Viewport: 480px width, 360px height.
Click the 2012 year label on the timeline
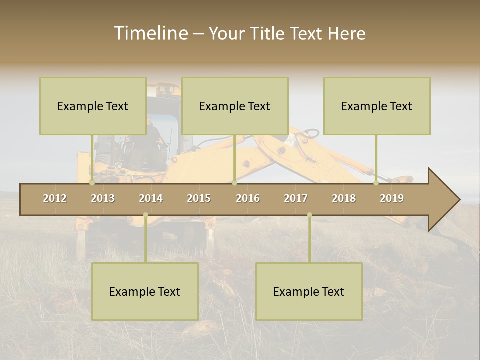point(55,198)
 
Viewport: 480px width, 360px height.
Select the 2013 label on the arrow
point(103,198)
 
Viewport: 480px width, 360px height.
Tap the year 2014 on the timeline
point(151,198)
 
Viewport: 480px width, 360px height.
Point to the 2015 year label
point(199,198)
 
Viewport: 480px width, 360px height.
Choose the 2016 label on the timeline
point(248,198)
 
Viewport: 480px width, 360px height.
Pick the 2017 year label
point(296,198)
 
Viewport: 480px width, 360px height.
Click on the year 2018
point(344,198)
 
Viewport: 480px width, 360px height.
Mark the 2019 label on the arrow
point(392,198)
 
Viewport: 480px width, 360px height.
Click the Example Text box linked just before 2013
point(93,106)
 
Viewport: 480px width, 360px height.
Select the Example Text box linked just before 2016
point(235,106)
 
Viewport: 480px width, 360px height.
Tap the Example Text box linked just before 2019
point(377,106)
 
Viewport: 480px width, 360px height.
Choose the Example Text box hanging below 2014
point(145,292)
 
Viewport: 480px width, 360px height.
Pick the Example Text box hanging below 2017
point(309,292)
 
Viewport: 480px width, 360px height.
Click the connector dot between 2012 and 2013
point(92,183)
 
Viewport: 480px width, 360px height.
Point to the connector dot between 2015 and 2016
point(234,183)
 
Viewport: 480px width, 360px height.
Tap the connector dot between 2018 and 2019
point(376,183)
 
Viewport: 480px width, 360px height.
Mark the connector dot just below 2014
point(145,215)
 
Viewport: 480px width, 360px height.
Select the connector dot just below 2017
point(309,215)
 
